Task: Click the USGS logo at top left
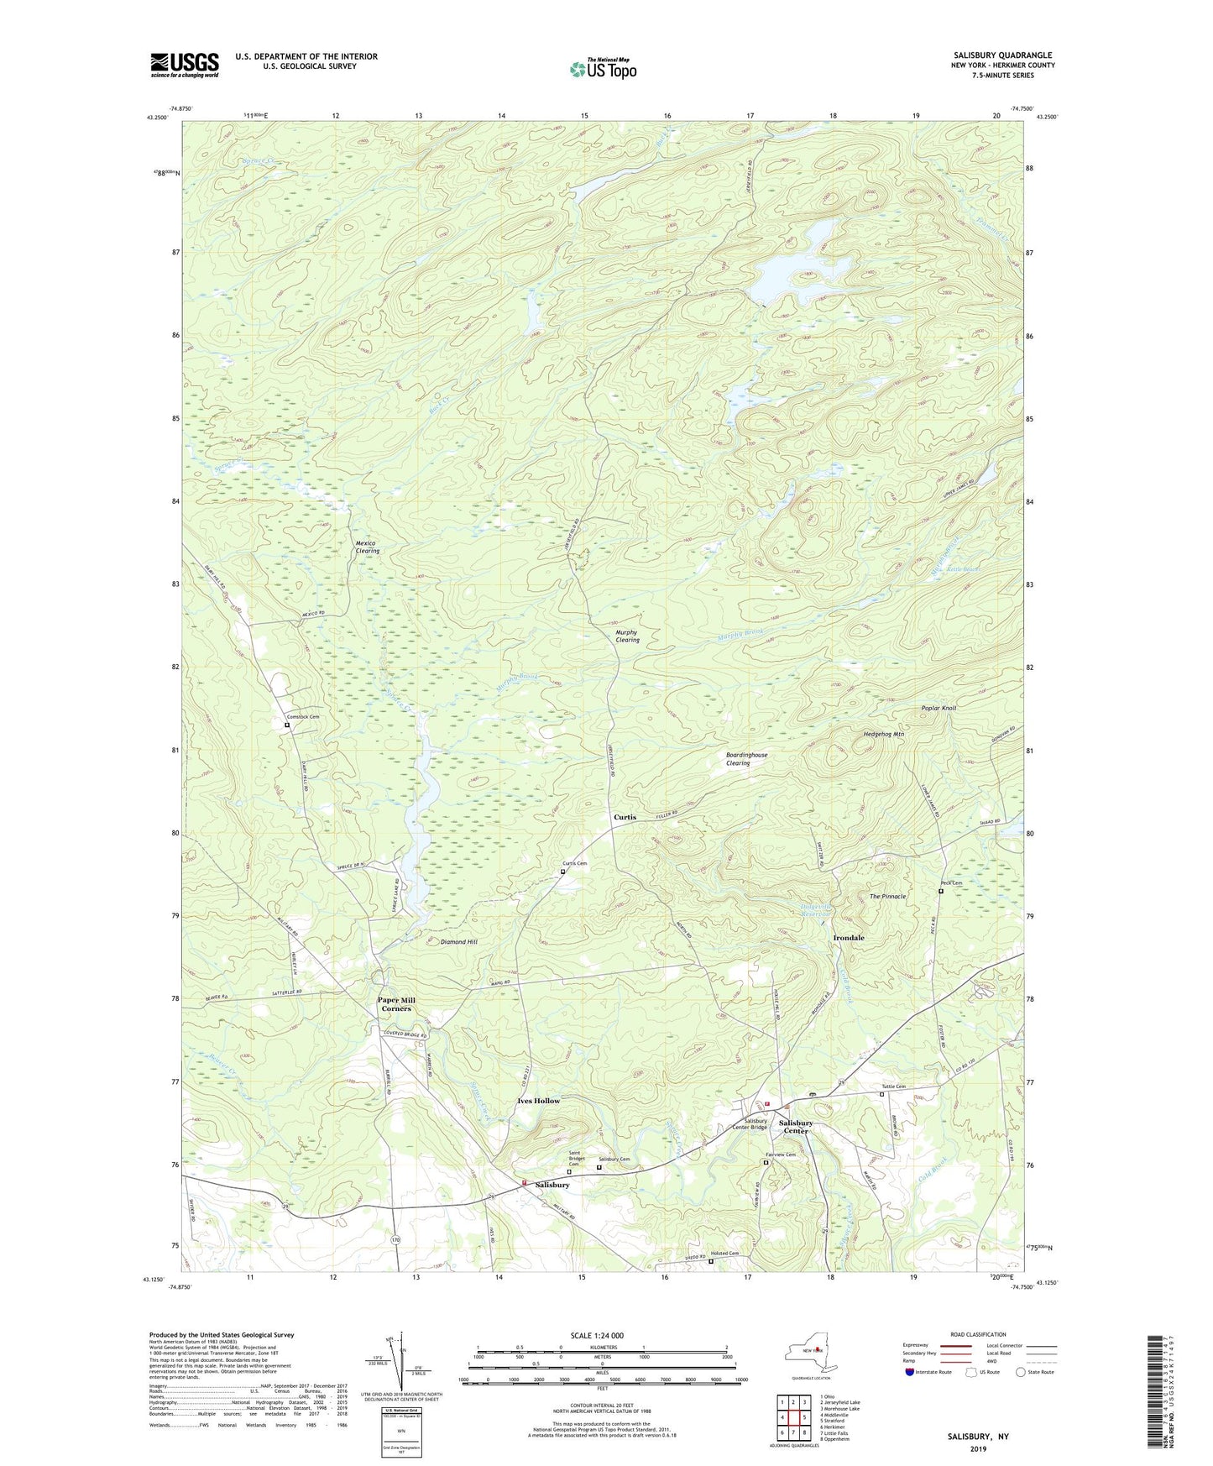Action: coord(185,65)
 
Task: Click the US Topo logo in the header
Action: coord(602,69)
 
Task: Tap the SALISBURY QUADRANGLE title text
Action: coord(996,55)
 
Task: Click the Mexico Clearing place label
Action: coord(367,547)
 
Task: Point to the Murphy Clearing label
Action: coord(627,636)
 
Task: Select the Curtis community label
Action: coord(625,817)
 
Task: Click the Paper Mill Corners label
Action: coord(396,1004)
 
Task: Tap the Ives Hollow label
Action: coord(538,1101)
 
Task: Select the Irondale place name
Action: coord(848,938)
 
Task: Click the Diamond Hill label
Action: coord(458,942)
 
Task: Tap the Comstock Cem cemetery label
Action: coord(302,716)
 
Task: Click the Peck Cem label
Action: coord(950,882)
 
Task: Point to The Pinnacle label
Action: coord(887,897)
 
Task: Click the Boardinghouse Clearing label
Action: coord(746,759)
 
